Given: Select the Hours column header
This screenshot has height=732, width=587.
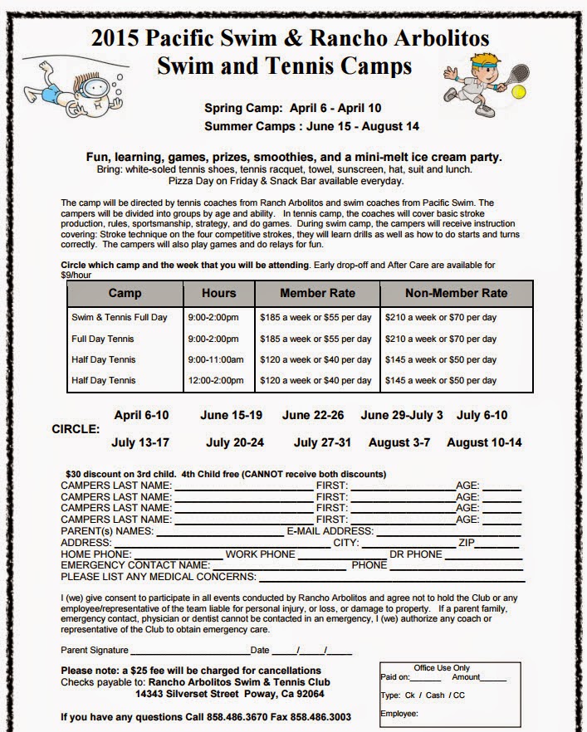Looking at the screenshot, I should [x=219, y=293].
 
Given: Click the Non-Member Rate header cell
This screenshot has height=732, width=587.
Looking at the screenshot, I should [x=456, y=293].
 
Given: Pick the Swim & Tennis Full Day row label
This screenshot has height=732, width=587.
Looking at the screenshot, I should [x=120, y=318].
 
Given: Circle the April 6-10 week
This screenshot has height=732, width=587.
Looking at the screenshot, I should [x=143, y=416].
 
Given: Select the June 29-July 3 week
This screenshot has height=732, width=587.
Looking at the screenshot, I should [x=402, y=416].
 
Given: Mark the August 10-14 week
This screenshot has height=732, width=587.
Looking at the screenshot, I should [x=484, y=442].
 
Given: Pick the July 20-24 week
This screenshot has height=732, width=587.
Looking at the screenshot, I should [x=235, y=442].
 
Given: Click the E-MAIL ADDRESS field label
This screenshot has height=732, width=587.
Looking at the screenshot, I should [x=330, y=531].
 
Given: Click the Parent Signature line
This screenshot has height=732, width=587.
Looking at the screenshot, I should [x=188, y=650].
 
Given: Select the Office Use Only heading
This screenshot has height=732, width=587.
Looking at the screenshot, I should [x=441, y=668].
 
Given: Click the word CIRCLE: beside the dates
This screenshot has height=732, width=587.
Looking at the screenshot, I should [x=76, y=430].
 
